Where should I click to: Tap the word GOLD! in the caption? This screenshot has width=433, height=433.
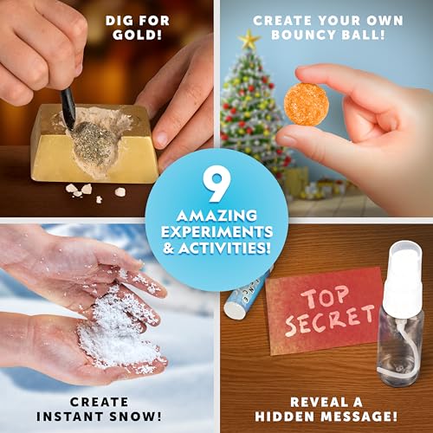point(137,36)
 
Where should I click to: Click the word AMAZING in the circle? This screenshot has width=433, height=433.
point(216,216)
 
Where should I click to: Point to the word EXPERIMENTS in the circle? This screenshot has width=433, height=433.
point(216,232)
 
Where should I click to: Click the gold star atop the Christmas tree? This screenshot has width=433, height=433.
point(249,38)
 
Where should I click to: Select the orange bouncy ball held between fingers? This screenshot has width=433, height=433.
point(307,104)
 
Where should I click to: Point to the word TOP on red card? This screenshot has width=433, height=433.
point(325,296)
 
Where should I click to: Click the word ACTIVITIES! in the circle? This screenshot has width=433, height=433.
point(216,248)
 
